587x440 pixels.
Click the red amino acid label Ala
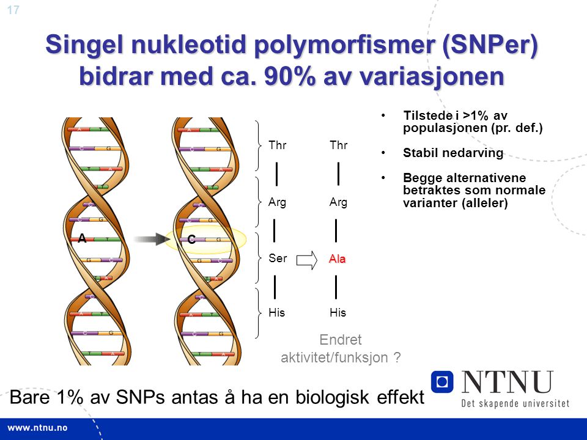click(337, 258)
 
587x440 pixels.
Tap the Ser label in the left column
click(278, 258)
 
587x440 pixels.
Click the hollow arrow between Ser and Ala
click(306, 260)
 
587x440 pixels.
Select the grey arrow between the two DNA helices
click(152, 239)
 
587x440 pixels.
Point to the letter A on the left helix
click(82, 238)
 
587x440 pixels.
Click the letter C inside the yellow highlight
click(191, 240)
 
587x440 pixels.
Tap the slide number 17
click(13, 10)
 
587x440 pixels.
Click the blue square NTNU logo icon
click(442, 382)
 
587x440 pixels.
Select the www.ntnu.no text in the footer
click(37, 428)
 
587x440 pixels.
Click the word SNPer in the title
click(490, 45)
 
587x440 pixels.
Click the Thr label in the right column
click(338, 145)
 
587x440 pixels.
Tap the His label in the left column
click(276, 312)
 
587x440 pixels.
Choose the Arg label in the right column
click(338, 202)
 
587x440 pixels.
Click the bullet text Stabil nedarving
click(453, 153)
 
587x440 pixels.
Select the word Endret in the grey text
click(341, 340)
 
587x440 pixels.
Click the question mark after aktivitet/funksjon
click(397, 357)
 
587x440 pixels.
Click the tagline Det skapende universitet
click(515, 403)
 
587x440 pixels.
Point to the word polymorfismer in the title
click(344, 45)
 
